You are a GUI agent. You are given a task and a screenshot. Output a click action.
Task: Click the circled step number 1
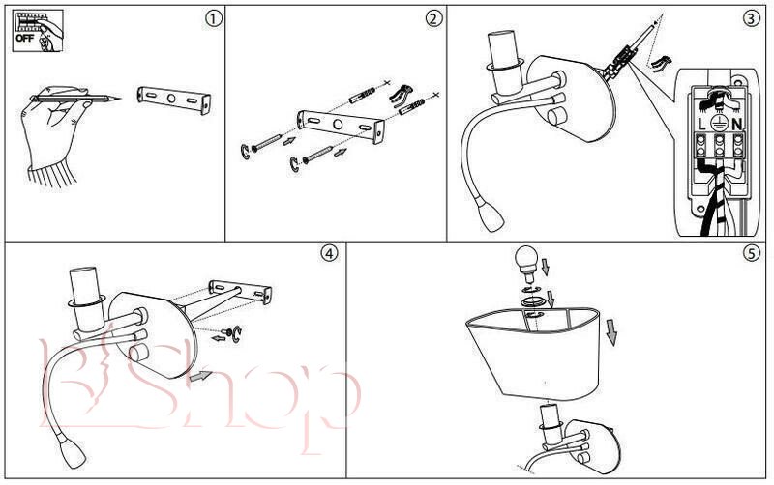coord(213,19)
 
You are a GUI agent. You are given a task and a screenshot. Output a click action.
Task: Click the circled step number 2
coord(433,19)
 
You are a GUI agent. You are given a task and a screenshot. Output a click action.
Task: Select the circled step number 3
coord(752,19)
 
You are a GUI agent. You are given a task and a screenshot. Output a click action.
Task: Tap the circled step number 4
coord(330,253)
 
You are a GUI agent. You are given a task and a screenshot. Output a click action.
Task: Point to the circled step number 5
coord(752,253)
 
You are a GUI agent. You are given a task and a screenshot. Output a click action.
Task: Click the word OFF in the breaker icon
coord(24,38)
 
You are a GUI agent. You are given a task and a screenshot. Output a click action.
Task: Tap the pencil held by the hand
coord(75,98)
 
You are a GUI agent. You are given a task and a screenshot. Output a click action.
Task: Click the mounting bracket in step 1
coord(174,100)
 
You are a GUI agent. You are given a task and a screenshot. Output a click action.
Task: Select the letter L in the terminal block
coord(702,125)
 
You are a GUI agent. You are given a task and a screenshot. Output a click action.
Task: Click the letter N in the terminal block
coord(737,125)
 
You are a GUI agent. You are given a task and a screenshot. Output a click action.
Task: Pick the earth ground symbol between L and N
coord(719,124)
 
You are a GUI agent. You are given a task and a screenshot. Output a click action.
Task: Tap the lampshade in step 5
coord(535,353)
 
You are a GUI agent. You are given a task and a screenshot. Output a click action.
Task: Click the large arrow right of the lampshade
coord(611,331)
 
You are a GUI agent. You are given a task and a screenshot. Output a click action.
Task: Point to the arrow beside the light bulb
coord(545,267)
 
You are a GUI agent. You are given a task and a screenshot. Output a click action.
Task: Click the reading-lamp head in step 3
coord(491,218)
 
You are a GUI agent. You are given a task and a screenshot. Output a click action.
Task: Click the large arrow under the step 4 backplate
coord(201,376)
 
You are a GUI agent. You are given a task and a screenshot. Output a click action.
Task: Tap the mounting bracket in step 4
coord(240,292)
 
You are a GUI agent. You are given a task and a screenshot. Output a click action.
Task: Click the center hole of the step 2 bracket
coord(338,125)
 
